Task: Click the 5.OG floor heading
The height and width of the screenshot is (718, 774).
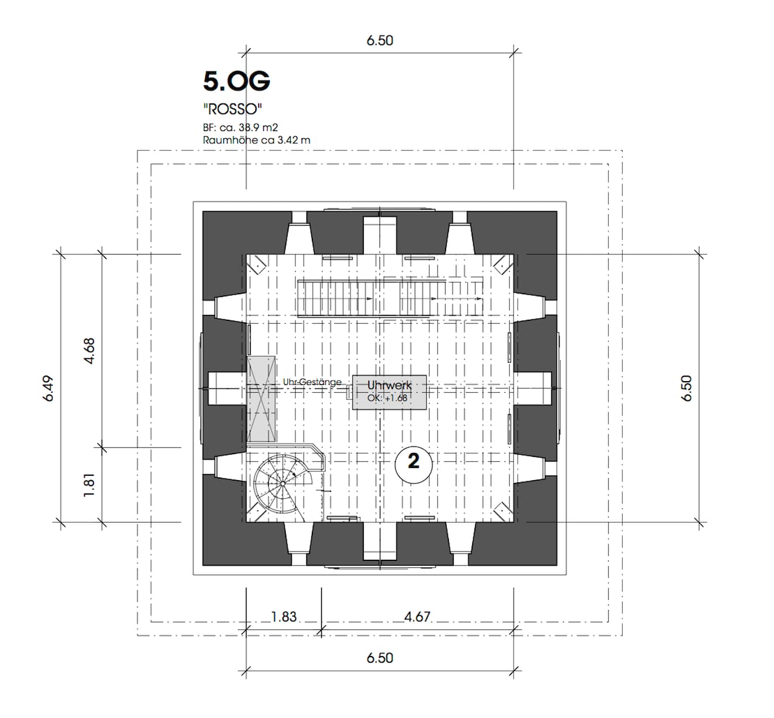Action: tap(236, 81)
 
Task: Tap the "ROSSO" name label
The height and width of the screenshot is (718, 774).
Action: tap(233, 109)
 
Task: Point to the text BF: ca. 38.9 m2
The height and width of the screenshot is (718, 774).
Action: tap(240, 128)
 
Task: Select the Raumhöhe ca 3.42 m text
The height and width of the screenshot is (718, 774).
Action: tap(257, 140)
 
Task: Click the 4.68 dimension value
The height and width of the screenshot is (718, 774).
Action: tap(89, 351)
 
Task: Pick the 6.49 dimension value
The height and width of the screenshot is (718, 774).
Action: tap(48, 388)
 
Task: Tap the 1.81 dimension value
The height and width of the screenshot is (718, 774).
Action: tap(89, 485)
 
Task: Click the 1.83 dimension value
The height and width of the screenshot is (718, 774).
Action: tap(284, 617)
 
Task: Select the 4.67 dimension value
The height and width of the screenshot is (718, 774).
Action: tap(417, 617)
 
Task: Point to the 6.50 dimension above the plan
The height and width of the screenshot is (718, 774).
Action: tap(380, 40)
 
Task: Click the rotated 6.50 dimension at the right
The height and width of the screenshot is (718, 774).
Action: tap(687, 388)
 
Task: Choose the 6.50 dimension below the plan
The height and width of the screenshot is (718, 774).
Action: tap(380, 658)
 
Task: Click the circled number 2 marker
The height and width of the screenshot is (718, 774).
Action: tap(414, 465)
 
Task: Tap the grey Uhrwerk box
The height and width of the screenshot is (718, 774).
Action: tap(389, 392)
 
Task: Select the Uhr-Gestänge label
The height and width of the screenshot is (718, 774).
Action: tap(312, 382)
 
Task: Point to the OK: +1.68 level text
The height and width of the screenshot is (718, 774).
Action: tap(387, 398)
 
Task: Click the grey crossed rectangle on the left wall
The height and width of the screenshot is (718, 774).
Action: tap(261, 399)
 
